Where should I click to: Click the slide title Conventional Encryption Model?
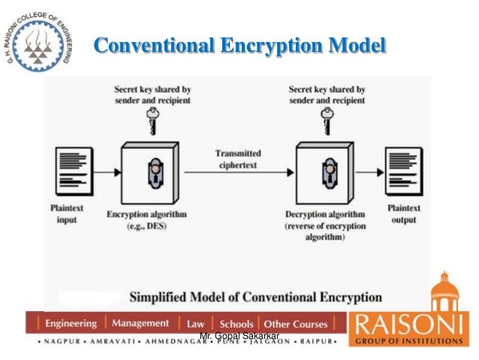tap(239, 45)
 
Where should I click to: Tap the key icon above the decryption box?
tap(327, 119)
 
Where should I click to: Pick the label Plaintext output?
tap(403, 214)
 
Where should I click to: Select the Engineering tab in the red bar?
tap(71, 324)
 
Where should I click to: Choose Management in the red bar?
tap(140, 323)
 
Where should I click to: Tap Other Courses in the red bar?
tap(296, 324)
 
